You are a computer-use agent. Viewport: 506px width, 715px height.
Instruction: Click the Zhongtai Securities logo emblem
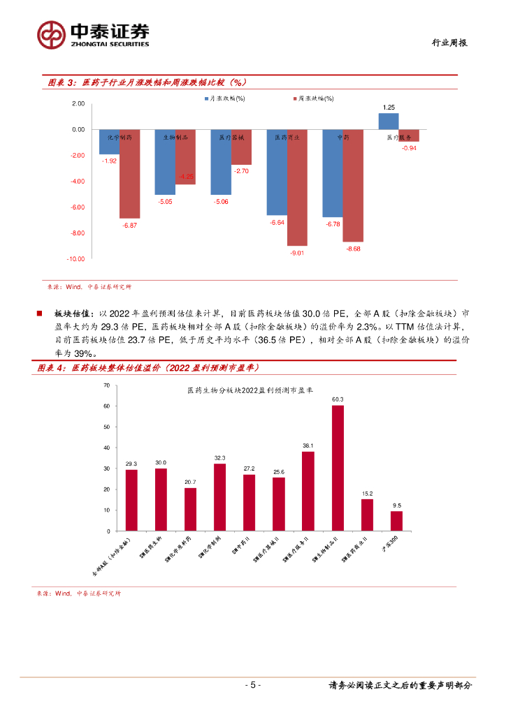coord(51,34)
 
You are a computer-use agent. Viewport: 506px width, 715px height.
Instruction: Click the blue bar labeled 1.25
coord(389,122)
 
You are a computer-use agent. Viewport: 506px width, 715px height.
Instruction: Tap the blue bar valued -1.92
coord(109,142)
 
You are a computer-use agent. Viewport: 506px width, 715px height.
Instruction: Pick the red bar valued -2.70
coord(241,147)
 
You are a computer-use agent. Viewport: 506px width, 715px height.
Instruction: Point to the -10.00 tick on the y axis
coord(75,259)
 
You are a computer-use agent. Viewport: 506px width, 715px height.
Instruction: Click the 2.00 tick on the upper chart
coord(78,104)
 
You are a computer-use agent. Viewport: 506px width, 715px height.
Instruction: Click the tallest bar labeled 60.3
coord(338,468)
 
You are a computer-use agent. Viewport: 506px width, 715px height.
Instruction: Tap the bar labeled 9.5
coord(396,521)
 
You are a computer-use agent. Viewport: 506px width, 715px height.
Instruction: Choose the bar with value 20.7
coord(190,509)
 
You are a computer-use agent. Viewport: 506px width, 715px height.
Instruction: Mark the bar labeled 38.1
coord(308,491)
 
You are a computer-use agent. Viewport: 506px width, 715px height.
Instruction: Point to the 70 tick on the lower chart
coord(106,385)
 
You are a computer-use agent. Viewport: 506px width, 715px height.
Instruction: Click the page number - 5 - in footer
coord(252,685)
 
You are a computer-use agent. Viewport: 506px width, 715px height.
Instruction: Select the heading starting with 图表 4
coord(147,368)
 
